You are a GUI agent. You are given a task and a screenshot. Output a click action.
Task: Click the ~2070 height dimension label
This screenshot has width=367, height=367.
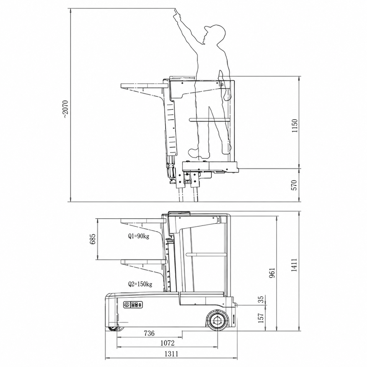[x=65, y=109]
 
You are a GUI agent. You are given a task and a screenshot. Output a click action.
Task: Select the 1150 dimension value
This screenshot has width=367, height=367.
[x=294, y=126]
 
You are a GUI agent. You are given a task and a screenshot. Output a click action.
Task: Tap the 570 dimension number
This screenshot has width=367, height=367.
[x=294, y=185]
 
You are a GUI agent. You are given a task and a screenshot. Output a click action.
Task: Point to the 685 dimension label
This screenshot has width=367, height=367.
[x=93, y=239]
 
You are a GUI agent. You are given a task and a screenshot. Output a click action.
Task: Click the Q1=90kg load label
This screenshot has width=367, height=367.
[x=138, y=236]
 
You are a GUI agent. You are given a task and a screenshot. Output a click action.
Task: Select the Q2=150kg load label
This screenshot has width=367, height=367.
[x=140, y=284]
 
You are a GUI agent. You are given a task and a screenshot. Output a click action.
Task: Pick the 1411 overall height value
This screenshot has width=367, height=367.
[x=294, y=265]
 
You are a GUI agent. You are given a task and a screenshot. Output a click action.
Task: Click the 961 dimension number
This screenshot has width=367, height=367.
[x=272, y=273]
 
